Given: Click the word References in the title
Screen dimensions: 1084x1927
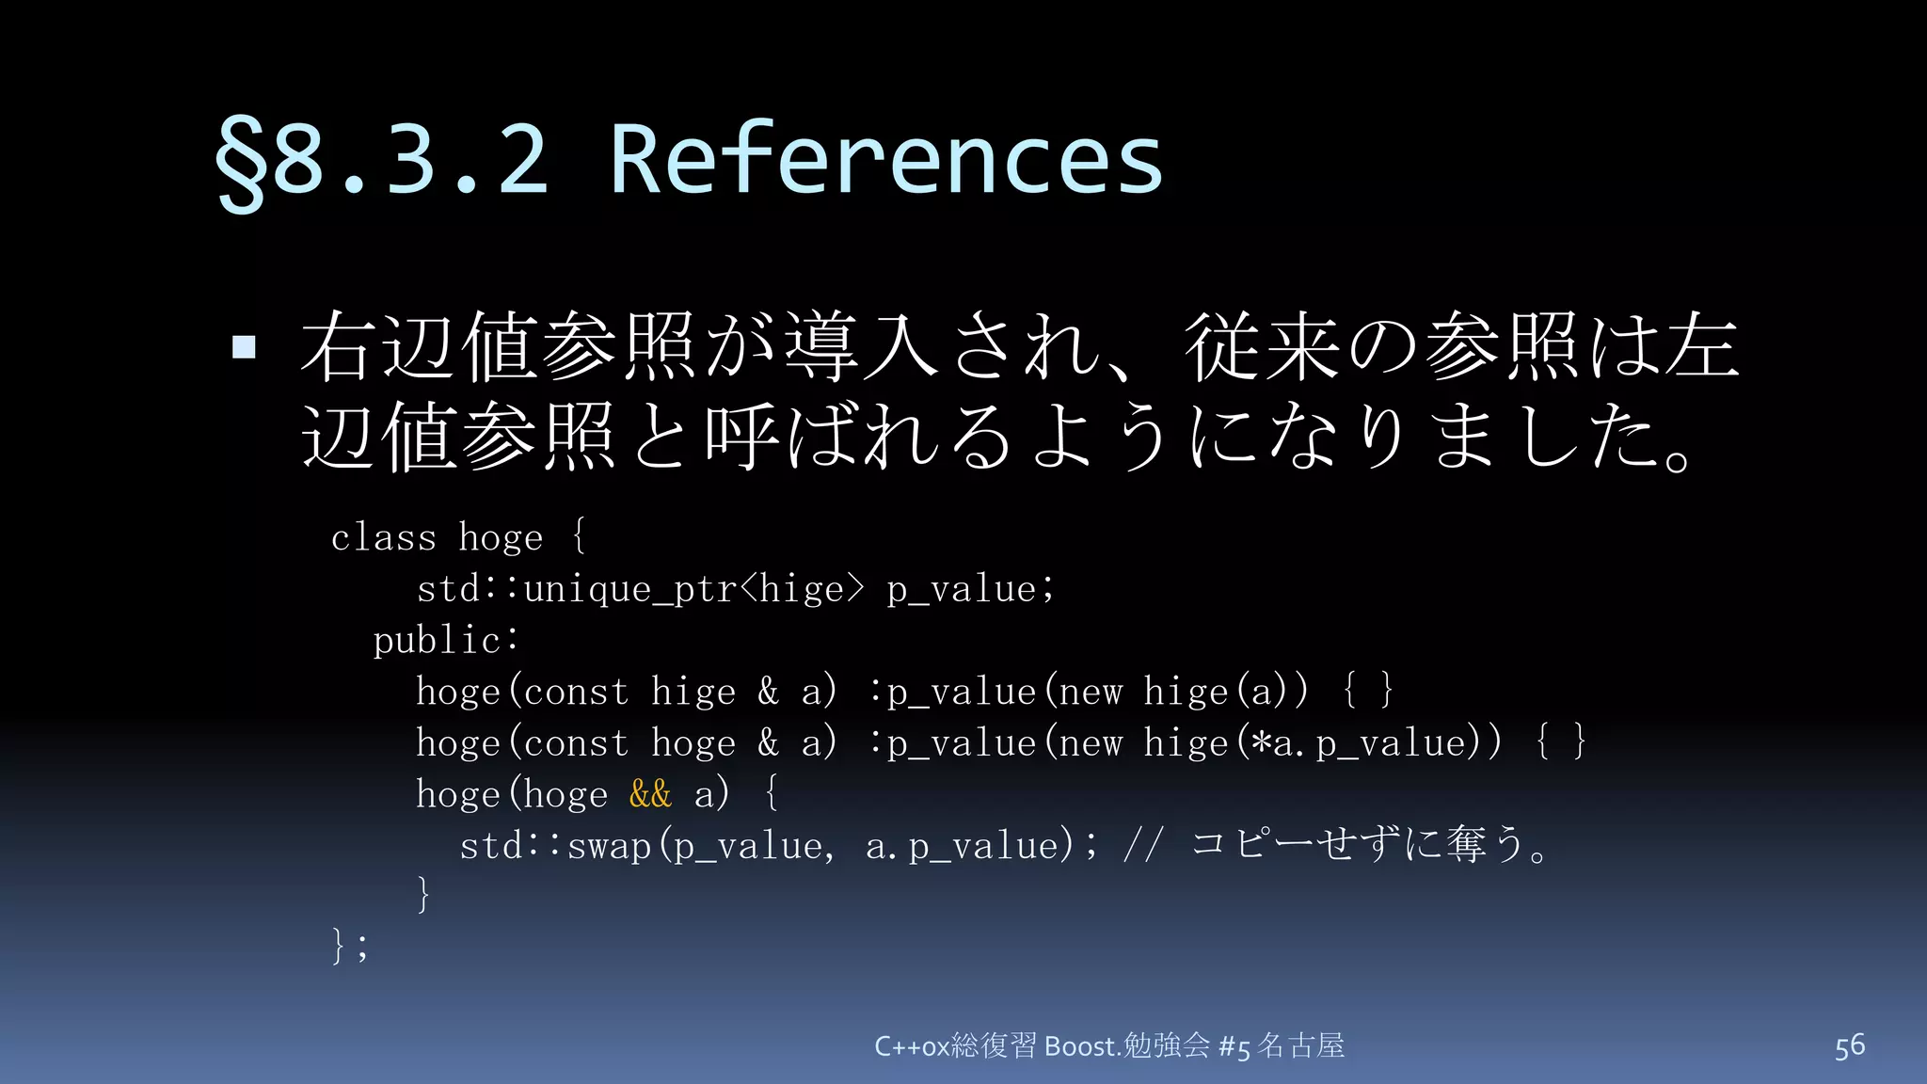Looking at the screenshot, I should (x=886, y=160).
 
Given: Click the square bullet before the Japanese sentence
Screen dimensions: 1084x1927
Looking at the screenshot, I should (x=244, y=347).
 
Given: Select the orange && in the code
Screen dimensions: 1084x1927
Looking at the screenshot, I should (x=650, y=793).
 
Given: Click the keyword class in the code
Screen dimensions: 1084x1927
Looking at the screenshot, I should (x=383, y=537).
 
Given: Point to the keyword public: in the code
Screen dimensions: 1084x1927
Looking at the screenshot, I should (x=445, y=640).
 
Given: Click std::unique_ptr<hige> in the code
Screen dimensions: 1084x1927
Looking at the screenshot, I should (x=640, y=589).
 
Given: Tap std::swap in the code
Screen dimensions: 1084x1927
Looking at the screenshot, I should (x=555, y=845).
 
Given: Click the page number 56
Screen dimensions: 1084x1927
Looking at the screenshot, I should (x=1849, y=1045).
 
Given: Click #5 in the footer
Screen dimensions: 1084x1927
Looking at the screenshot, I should (x=1234, y=1045).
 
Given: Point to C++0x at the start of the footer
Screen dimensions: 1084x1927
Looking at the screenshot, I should (x=911, y=1045).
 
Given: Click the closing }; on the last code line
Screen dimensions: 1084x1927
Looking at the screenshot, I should (x=349, y=945).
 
